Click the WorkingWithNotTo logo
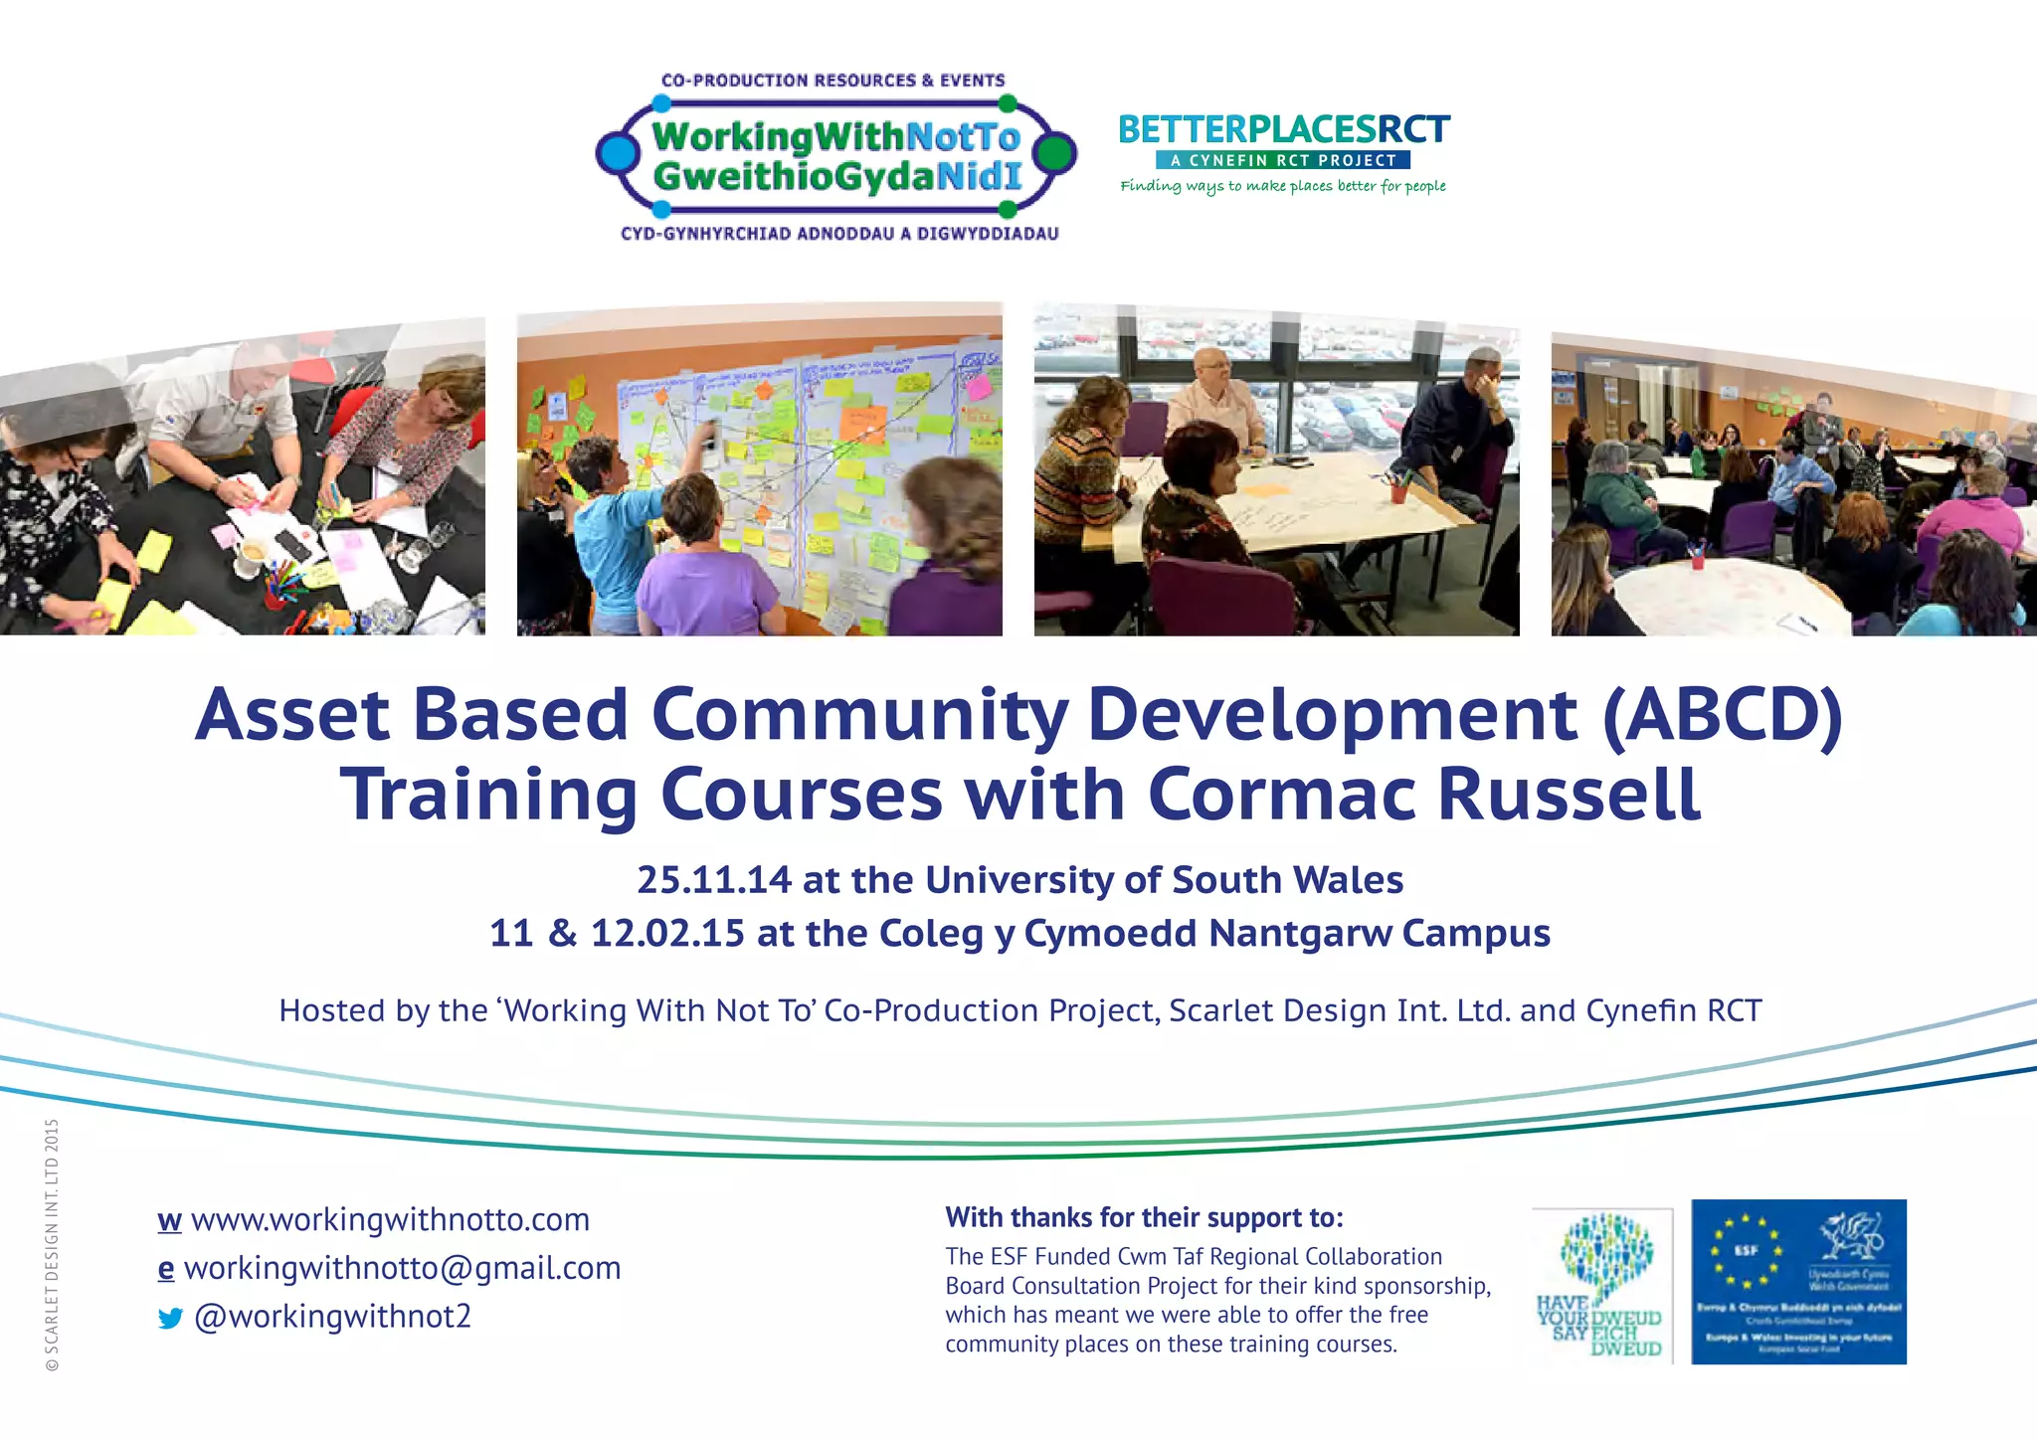(836, 156)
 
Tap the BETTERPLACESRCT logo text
(1284, 130)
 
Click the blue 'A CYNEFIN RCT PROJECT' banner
(1283, 160)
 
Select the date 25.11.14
(714, 880)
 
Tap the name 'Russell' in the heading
(1570, 794)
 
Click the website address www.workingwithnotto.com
(390, 1219)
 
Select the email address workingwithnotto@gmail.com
(402, 1268)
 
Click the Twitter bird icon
(170, 1319)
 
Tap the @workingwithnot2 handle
(332, 1317)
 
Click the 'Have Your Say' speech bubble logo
(1602, 1283)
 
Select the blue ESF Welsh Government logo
(1798, 1281)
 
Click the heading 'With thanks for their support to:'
(1144, 1217)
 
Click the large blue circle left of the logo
(618, 153)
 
